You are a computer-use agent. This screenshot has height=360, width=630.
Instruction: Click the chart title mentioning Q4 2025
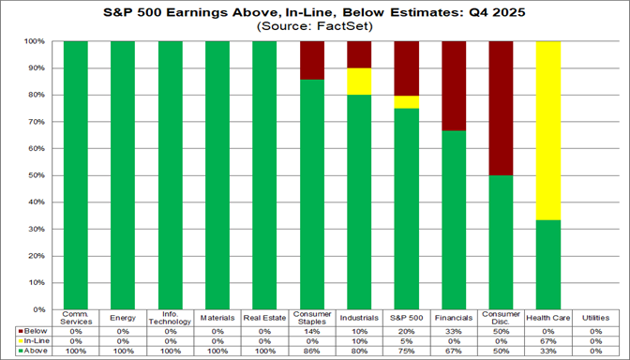pyautogui.click(x=316, y=13)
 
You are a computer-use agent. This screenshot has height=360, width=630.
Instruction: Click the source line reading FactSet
pyautogui.click(x=316, y=27)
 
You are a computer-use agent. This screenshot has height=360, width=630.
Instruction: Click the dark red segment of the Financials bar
pyautogui.click(x=455, y=85)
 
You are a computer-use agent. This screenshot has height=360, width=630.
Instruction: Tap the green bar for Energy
pyautogui.click(x=123, y=175)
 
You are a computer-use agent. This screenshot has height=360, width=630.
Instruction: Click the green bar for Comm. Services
pyautogui.click(x=76, y=175)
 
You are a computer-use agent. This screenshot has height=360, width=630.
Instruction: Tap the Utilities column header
pyautogui.click(x=597, y=317)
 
